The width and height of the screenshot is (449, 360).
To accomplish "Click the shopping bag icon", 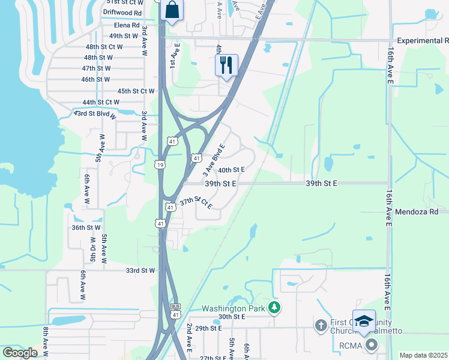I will point(172,11).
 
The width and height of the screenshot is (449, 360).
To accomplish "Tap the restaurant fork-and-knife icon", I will point(226,65).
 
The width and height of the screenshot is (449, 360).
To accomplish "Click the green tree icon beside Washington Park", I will point(274,308).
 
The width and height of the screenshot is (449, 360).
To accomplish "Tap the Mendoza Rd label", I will point(421,212).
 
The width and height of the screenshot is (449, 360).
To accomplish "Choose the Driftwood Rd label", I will point(122,12).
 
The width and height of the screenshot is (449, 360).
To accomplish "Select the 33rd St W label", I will point(140,271).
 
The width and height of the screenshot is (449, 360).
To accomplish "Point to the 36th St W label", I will point(86,228).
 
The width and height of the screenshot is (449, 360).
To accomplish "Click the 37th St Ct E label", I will point(196,202).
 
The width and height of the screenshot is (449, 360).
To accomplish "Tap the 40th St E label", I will point(231,170).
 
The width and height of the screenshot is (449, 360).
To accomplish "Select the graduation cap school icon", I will point(364,322).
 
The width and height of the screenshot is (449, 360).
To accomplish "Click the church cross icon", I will point(321,325).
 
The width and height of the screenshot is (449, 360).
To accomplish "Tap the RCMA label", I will point(351,345).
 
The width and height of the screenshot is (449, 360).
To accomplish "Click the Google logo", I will point(20,353).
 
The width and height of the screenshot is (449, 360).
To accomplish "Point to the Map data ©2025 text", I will point(423,355).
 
